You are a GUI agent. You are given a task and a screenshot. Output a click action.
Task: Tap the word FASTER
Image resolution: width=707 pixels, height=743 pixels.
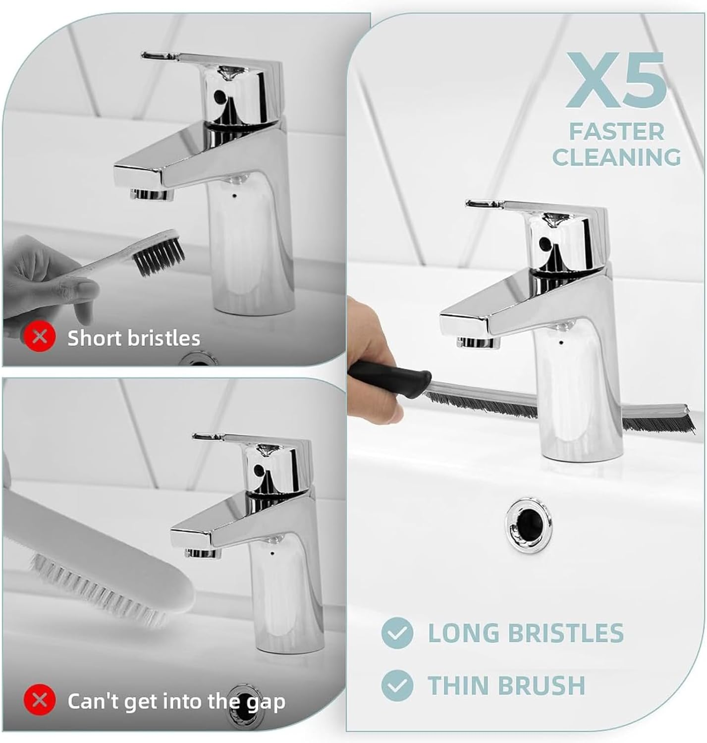pyautogui.click(x=616, y=132)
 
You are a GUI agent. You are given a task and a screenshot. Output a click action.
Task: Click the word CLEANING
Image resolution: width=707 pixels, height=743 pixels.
pyautogui.click(x=616, y=158)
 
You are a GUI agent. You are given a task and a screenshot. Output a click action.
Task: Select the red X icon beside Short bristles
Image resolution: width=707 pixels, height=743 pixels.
pyautogui.click(x=40, y=337)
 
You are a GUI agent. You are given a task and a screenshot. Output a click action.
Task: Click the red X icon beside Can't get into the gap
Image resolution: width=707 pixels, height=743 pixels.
pyautogui.click(x=40, y=700)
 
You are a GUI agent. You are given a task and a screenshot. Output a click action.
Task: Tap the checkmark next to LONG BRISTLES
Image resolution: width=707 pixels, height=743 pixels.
pyautogui.click(x=397, y=633)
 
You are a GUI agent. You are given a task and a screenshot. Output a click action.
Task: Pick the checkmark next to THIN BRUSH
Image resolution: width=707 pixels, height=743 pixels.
pyautogui.click(x=397, y=685)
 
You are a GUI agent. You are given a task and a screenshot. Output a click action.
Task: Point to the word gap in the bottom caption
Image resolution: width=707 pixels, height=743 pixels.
pyautogui.click(x=266, y=702)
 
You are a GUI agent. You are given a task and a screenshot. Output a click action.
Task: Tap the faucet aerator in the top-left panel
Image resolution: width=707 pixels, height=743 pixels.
pyautogui.click(x=151, y=194)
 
